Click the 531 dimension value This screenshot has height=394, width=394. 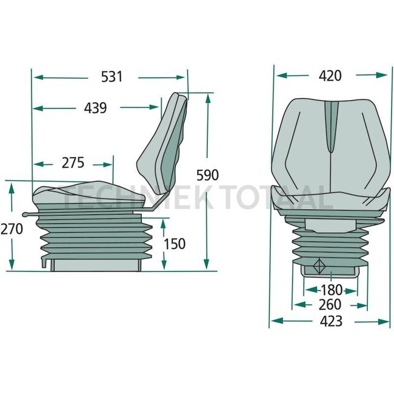coord(112,77)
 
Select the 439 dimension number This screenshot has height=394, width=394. coord(95,108)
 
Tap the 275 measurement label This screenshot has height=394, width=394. coord(72,163)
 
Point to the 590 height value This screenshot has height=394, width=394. coord(207,175)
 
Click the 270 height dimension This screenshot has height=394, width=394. coord(12,229)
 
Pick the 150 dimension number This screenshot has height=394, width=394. coord(175,244)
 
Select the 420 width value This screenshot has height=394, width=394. coord(330,75)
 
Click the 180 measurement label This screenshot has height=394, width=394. coord(330,289)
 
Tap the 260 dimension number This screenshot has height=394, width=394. coord(330,305)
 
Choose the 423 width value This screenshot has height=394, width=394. coord(330,321)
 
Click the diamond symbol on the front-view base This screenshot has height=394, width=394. coord(319,265)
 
